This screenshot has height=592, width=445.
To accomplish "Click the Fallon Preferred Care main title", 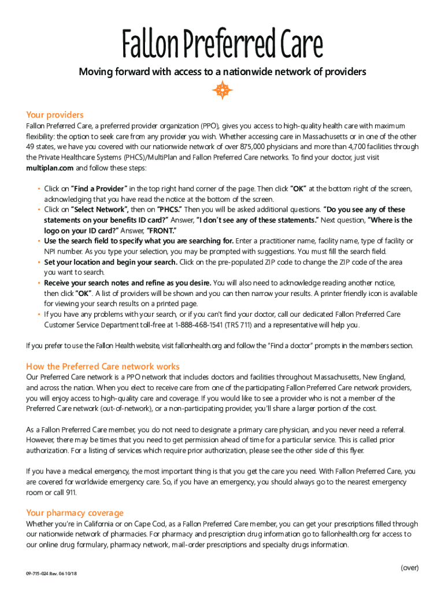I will point(222,46).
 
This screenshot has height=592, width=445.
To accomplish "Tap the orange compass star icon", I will point(222,90).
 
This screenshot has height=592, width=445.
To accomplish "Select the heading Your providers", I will point(55,114).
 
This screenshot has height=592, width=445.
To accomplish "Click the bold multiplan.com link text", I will point(50,168).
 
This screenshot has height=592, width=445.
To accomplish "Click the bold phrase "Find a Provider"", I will point(98,188).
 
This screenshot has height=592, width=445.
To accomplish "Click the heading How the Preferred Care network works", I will point(103,367).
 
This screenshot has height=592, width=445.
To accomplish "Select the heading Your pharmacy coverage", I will point(75,513).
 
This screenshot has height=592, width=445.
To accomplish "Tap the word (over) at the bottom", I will point(409,568).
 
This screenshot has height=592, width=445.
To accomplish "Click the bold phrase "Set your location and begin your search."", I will point(110,262).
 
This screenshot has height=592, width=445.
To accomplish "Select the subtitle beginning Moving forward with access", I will point(222,72).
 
